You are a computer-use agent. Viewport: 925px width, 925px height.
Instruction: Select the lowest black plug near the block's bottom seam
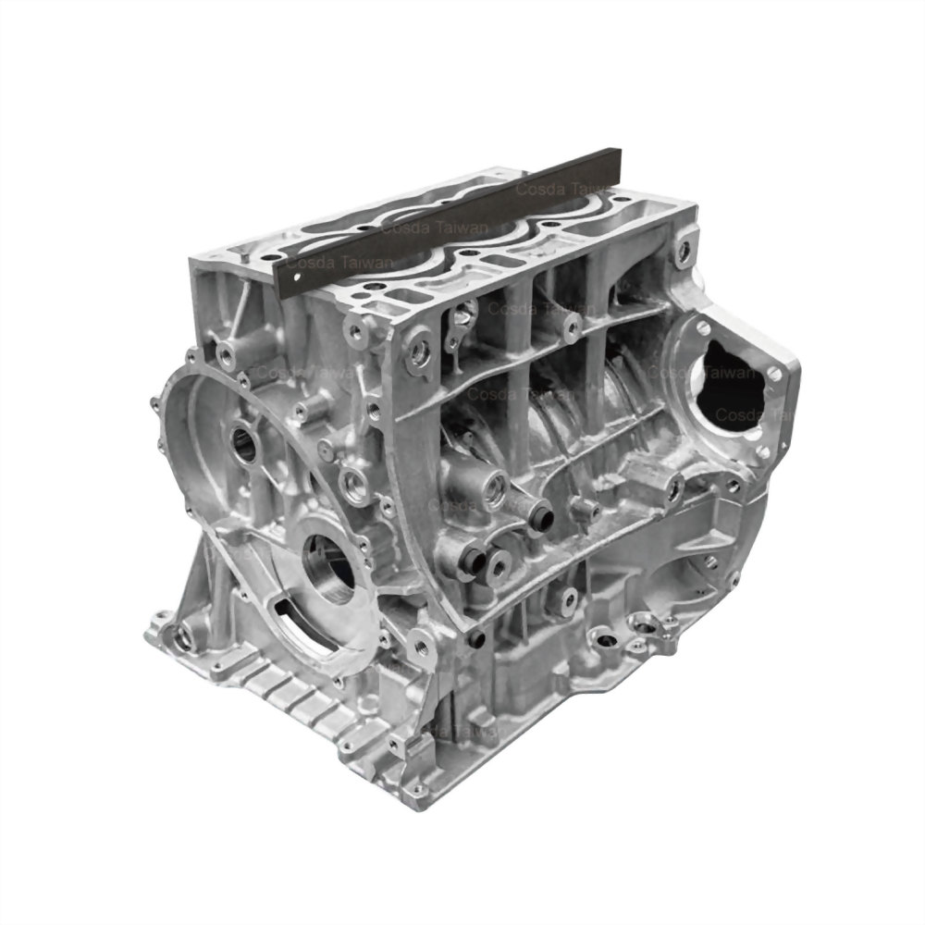coord(477,639)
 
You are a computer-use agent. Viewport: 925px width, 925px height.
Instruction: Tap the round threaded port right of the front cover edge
coord(355,481)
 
